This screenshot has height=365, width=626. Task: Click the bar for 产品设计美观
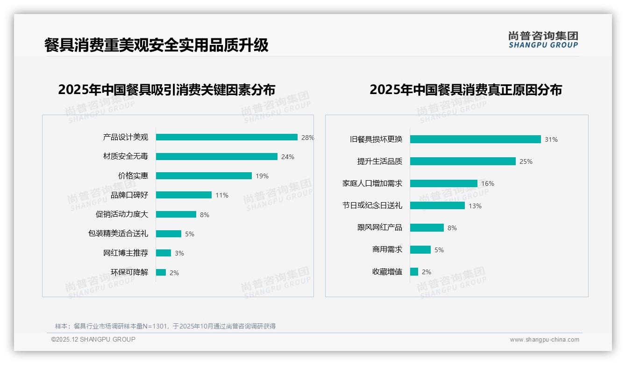(227, 137)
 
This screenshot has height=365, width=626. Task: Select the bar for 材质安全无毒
(217, 157)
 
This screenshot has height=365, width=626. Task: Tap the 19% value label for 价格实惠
(262, 176)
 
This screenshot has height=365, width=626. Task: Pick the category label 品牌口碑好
(129, 195)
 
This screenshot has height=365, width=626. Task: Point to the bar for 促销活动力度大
(176, 214)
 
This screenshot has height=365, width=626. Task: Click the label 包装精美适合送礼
(118, 234)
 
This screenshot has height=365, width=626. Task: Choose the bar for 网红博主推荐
(164, 253)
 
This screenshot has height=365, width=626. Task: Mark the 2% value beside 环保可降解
(174, 273)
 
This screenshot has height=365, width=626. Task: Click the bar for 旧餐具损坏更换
(475, 139)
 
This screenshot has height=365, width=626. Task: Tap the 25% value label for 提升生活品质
(526, 161)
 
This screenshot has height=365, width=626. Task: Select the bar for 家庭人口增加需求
(444, 183)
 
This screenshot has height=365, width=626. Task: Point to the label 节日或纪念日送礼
(372, 205)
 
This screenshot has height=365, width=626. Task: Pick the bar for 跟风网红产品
(427, 227)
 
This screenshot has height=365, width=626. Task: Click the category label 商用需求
(387, 249)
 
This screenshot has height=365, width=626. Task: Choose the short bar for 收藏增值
(414, 271)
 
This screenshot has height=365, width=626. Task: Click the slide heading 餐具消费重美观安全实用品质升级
(156, 45)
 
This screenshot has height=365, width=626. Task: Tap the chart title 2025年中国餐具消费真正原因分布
(466, 89)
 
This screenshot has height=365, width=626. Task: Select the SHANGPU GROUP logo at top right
(543, 40)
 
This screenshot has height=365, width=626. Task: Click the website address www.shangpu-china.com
(544, 340)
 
